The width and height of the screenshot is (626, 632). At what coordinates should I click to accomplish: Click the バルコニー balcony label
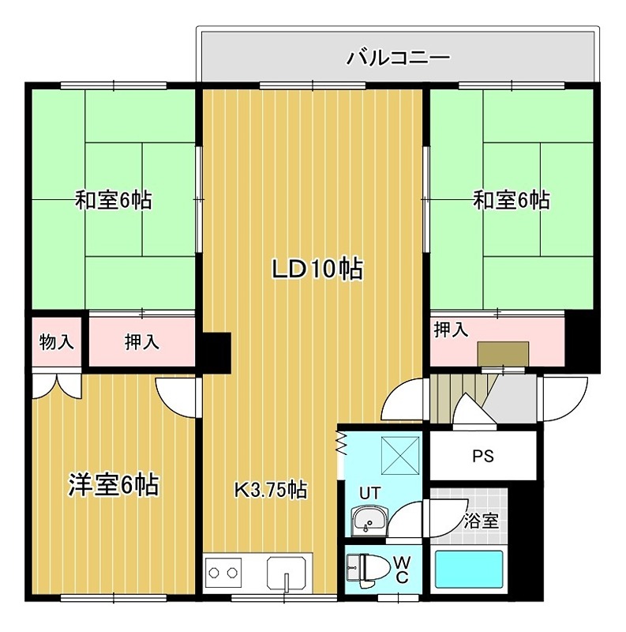click(398, 58)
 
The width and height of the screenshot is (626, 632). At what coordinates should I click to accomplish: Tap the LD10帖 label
click(317, 269)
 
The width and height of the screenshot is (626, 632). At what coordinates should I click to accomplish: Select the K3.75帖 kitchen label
click(270, 489)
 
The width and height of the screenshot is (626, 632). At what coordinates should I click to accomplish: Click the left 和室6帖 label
click(113, 200)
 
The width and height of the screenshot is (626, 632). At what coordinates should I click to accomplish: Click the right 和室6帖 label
click(511, 200)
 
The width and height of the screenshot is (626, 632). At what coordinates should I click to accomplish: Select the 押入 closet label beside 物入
click(141, 342)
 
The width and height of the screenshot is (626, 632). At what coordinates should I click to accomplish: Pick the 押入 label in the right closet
click(451, 330)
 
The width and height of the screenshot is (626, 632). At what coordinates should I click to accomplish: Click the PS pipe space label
click(482, 457)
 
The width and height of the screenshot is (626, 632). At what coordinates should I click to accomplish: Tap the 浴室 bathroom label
click(480, 521)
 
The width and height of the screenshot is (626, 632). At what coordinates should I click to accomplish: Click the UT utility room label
click(369, 493)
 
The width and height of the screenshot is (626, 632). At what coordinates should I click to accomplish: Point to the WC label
click(401, 568)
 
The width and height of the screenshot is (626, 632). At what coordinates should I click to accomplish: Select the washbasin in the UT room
click(369, 521)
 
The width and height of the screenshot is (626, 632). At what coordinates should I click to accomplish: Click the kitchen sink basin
click(289, 570)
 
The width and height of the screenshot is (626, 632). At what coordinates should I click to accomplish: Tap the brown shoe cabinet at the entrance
click(502, 353)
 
